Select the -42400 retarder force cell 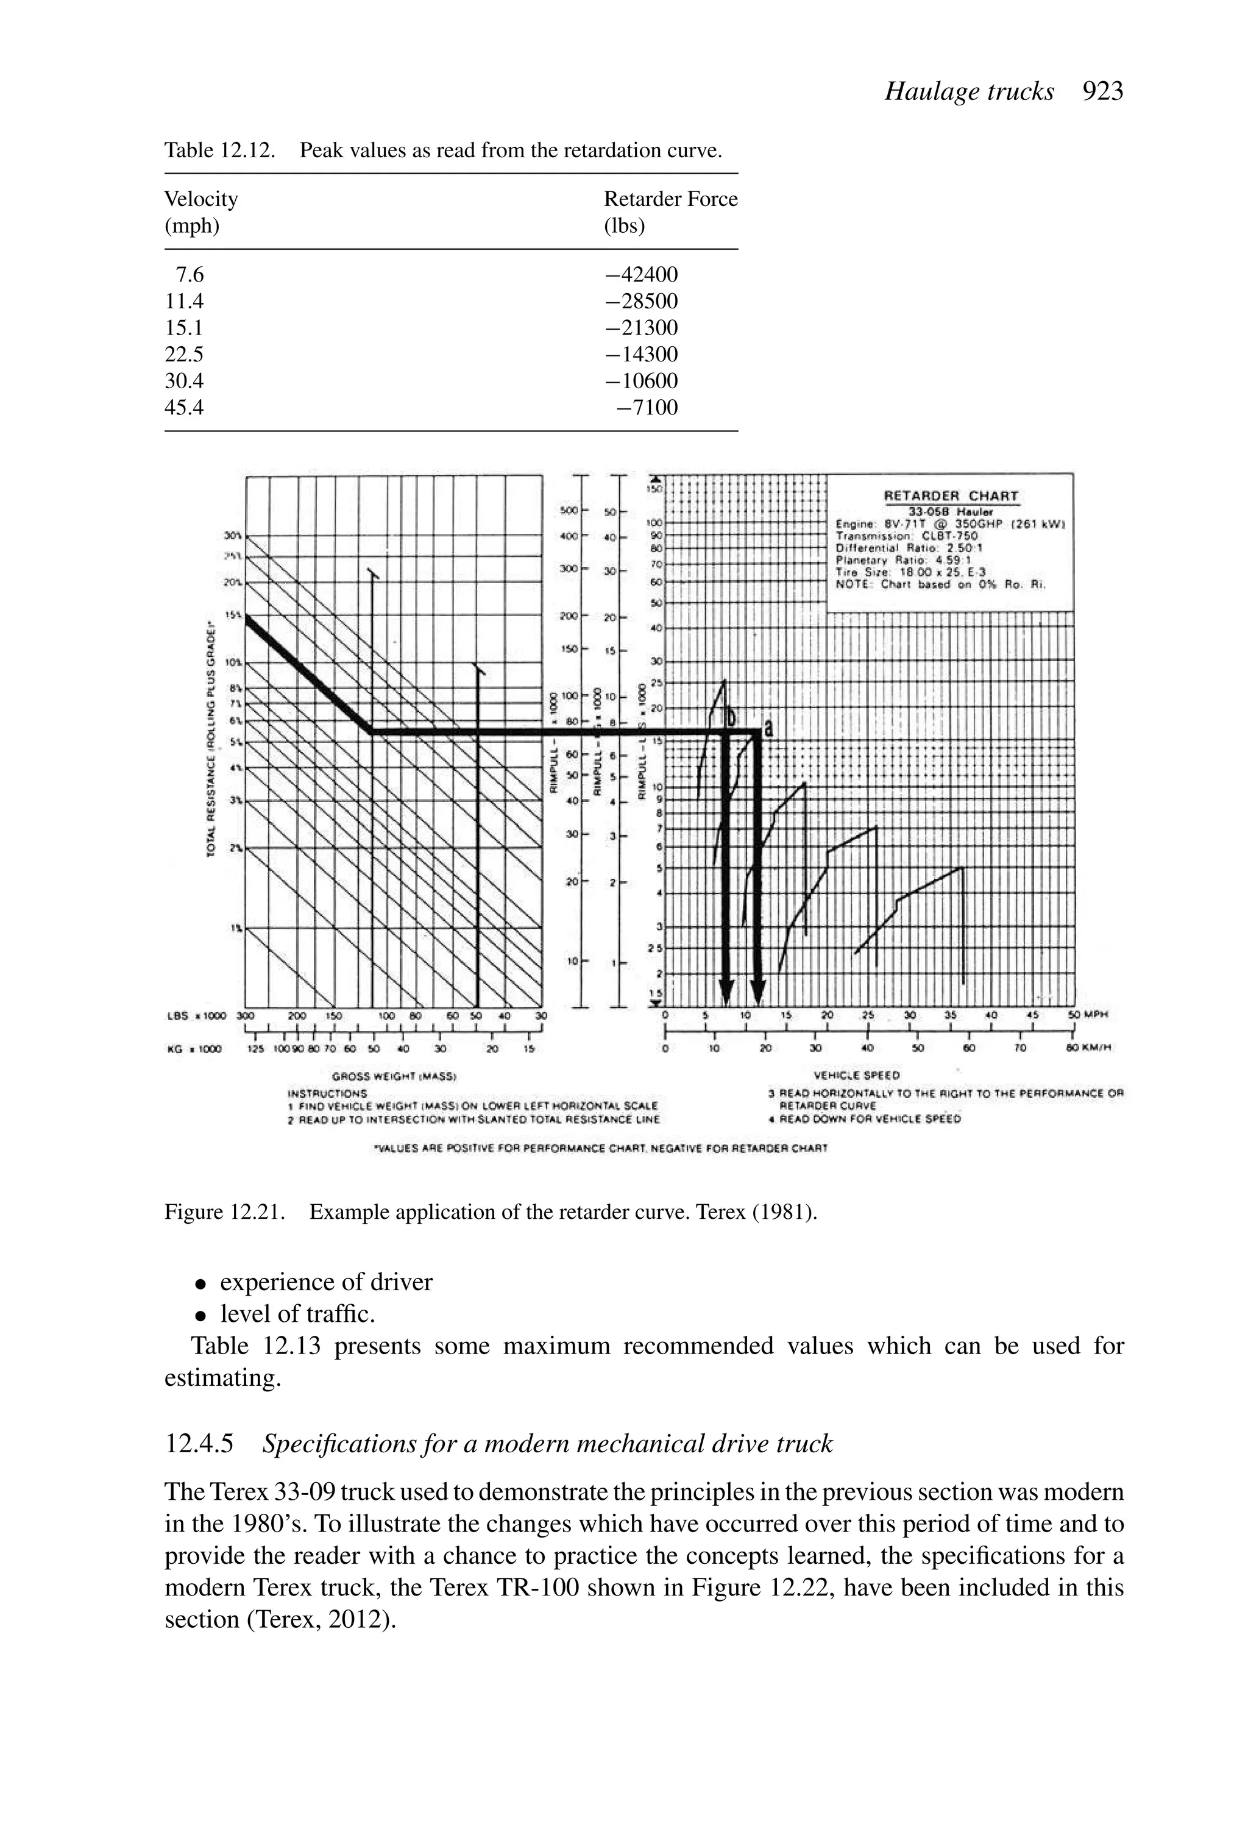tap(641, 275)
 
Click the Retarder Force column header tap(670, 199)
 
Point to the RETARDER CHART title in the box tap(951, 496)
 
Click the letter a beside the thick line tap(768, 728)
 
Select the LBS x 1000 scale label tap(196, 1015)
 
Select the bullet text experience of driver tap(326, 1282)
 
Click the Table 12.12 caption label tap(219, 150)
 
